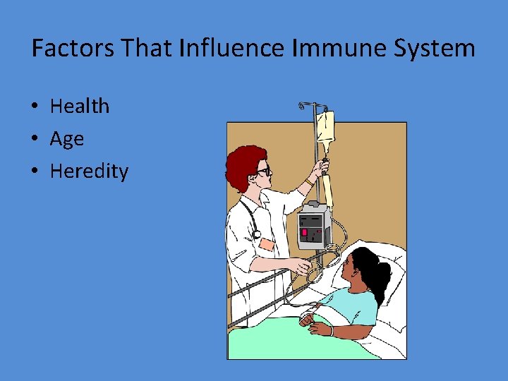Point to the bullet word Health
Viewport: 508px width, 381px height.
pos(80,107)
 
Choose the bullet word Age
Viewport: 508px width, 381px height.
pos(66,139)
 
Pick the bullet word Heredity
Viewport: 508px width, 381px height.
pos(89,171)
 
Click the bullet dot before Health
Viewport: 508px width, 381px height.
pos(35,107)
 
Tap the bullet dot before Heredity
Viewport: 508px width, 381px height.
pos(35,172)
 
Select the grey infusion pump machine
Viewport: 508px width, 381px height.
pos(313,226)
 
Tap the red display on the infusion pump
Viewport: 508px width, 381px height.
pos(306,232)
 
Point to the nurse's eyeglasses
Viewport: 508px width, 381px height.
pos(262,171)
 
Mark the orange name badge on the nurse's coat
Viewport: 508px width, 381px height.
pos(267,244)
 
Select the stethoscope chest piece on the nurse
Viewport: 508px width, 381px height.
pos(256,234)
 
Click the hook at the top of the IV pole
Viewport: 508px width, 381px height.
pos(302,107)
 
